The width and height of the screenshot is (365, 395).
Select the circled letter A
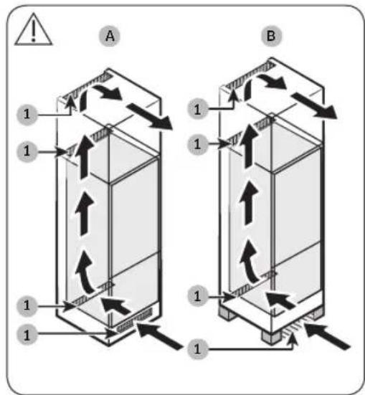tap(108, 37)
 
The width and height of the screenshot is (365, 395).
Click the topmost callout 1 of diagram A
tap(27, 113)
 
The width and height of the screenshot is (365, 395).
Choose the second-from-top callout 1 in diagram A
tap(27, 151)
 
